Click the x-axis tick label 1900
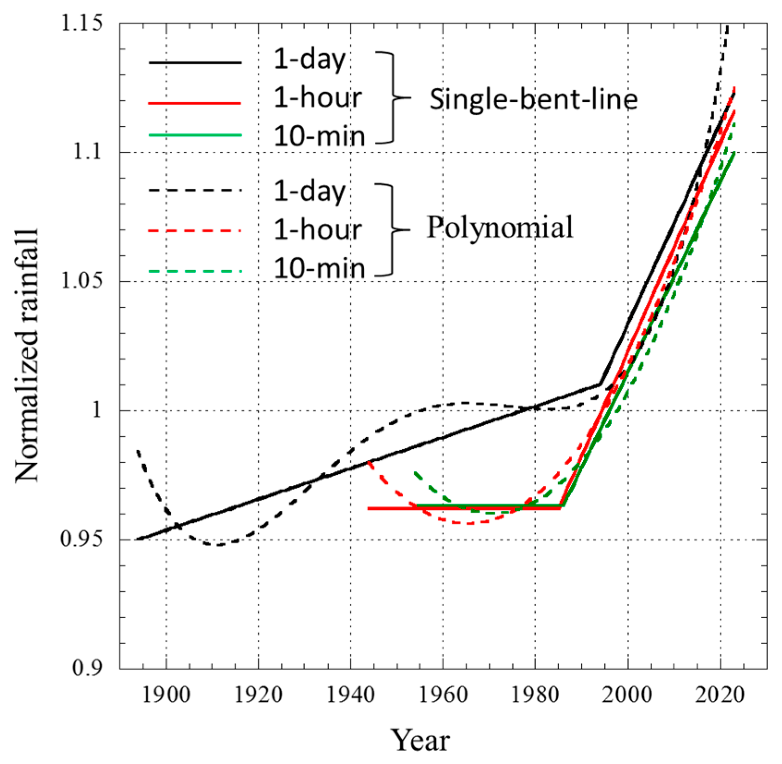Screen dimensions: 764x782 pos(166,695)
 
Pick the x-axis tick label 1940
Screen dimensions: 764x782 pos(350,695)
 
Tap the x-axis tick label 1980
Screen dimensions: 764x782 pos(535,695)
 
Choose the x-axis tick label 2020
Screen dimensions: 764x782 pos(720,695)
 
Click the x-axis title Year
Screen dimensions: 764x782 pos(420,740)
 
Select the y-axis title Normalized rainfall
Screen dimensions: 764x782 pos(27,355)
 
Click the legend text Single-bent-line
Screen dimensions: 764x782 pos(533,99)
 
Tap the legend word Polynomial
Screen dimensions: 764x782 pos(499,227)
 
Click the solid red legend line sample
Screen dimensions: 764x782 pos(195,103)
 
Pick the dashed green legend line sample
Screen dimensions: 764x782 pos(195,271)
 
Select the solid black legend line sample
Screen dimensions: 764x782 pos(195,62)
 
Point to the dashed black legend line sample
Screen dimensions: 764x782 pos(195,190)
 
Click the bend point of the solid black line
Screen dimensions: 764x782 pos(600,384)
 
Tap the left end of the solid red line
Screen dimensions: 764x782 pos(369,508)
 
